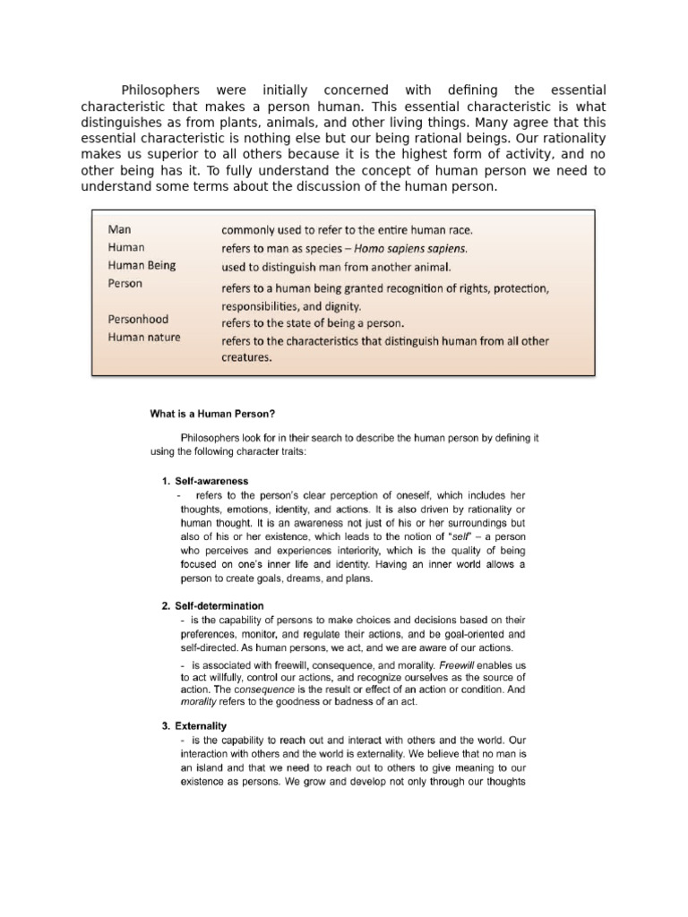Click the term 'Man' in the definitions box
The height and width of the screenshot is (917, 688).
point(119,229)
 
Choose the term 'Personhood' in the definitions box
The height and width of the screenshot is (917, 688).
point(138,319)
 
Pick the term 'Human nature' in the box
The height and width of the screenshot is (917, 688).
point(143,338)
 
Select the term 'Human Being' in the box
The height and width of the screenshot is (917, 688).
point(142,265)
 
